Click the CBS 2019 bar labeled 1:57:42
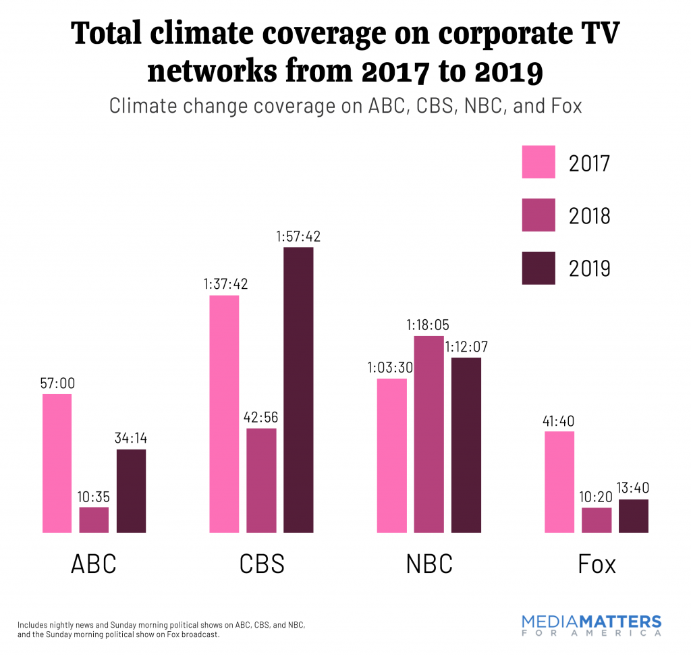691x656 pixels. [x=298, y=390]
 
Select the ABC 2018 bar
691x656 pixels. [x=94, y=520]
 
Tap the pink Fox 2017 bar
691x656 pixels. [x=559, y=482]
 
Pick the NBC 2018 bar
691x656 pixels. [x=429, y=434]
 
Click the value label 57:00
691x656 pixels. [x=57, y=383]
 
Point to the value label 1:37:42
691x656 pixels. [x=225, y=284]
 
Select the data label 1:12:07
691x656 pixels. [x=466, y=348]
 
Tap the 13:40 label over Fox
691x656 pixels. [x=633, y=489]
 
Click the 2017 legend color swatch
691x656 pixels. [x=538, y=162]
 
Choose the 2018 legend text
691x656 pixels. [x=589, y=216]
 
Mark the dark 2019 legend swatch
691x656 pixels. [x=538, y=268]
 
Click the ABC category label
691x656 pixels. [x=94, y=564]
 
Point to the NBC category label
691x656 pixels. [x=429, y=564]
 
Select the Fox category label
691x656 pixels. [x=597, y=564]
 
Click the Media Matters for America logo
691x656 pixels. [x=592, y=626]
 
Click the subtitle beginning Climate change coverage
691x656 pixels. [x=345, y=106]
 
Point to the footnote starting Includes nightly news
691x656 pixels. [x=166, y=630]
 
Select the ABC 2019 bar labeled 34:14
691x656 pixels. [x=131, y=491]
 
